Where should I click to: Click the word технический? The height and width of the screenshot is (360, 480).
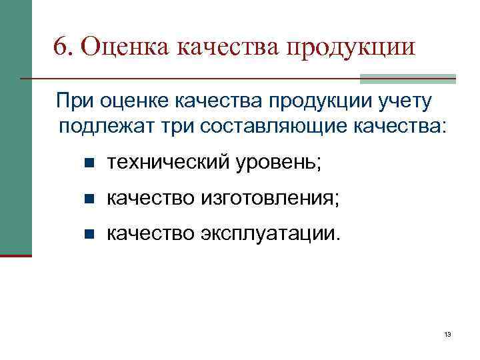coord(167,162)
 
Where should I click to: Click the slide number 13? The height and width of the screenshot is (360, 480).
coord(447,335)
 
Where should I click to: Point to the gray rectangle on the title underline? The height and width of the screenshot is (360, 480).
coord(407,79)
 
